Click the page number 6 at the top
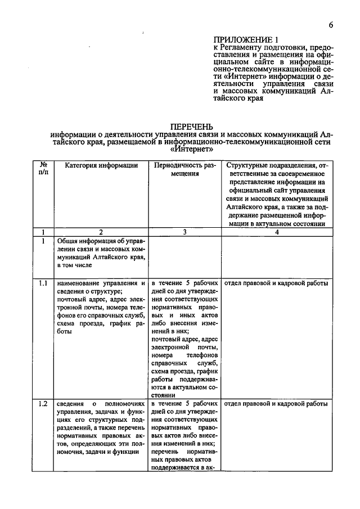[331, 25]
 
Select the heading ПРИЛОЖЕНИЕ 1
[246, 39]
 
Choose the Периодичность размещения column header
[185, 170]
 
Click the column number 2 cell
[101, 232]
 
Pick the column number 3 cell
[185, 232]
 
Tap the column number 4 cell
[276, 232]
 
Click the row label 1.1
[43, 283]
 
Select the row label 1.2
[43, 404]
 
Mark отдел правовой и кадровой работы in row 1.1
[276, 283]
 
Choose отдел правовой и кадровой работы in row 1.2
[276, 404]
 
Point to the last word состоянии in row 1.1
[185, 396]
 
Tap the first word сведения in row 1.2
[71, 404]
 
